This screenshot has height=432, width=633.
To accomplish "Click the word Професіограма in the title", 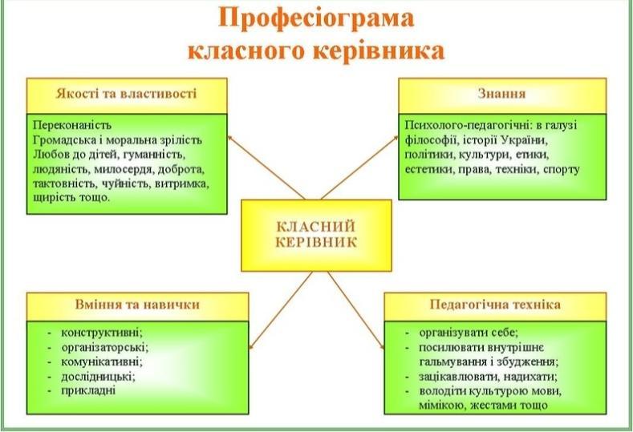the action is [316, 19].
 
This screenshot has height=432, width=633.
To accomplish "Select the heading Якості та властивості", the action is [126, 94].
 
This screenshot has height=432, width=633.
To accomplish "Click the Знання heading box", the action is [502, 95].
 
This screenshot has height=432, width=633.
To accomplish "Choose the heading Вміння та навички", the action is [137, 304].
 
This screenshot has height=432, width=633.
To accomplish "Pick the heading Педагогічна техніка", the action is [495, 304].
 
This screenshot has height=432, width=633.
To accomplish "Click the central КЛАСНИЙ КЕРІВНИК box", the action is [316, 235].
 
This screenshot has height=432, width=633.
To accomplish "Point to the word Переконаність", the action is [72, 125].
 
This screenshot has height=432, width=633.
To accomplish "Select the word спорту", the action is [562, 170].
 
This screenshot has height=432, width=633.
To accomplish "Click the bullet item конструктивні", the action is [102, 333].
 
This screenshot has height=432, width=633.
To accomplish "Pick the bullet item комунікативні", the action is [102, 361].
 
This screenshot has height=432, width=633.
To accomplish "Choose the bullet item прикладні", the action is [88, 390].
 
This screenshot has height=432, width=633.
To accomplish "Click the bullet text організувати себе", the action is [469, 333].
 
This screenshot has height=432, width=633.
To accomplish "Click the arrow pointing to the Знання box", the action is [359, 168].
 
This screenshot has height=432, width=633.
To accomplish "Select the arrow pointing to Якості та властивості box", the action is [266, 167].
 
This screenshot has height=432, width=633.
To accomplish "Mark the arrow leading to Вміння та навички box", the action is [281, 310].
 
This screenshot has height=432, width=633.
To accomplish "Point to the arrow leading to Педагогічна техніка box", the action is [355, 310].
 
